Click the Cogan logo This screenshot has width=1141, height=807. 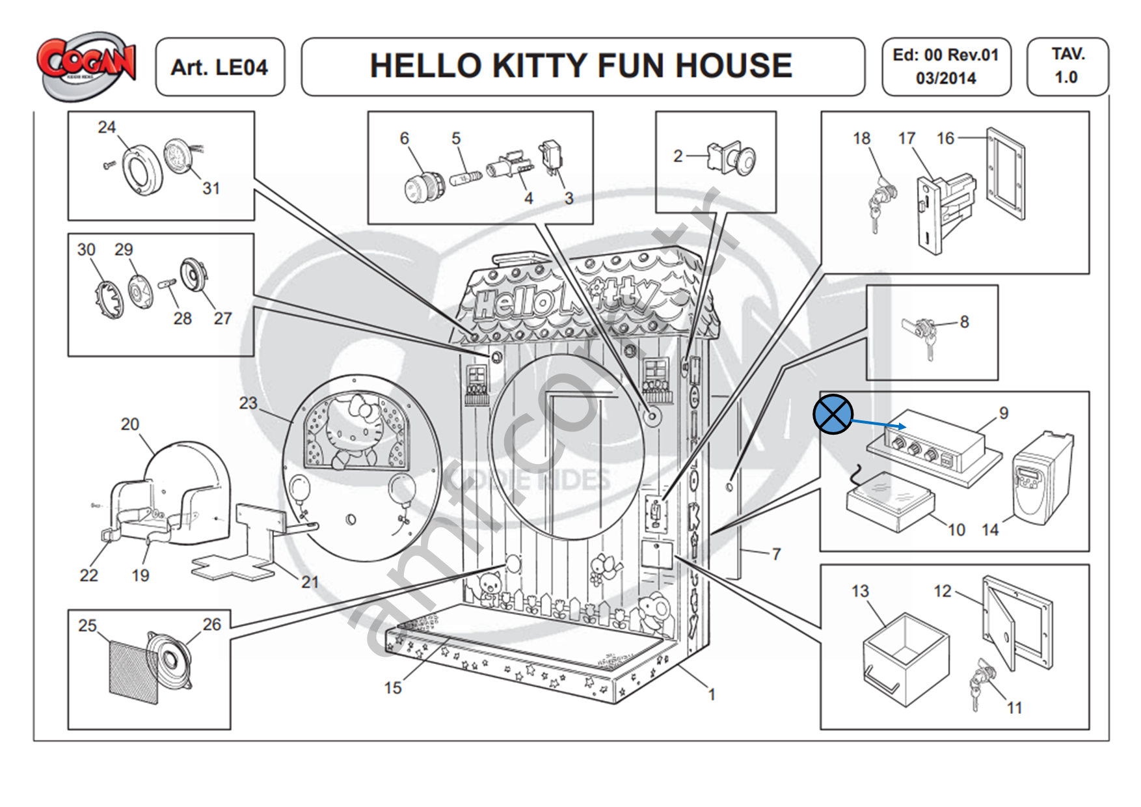[87, 64]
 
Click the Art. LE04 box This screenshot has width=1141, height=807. [219, 67]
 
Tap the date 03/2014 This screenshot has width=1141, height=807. [946, 79]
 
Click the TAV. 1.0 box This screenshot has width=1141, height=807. [1067, 66]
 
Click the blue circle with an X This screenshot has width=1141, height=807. [833, 414]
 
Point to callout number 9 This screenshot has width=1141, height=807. [1004, 413]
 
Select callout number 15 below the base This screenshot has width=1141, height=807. [392, 687]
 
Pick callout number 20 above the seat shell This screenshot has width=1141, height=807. [130, 424]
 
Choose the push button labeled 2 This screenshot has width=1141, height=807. [732, 158]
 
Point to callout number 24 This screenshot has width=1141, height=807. [107, 127]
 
